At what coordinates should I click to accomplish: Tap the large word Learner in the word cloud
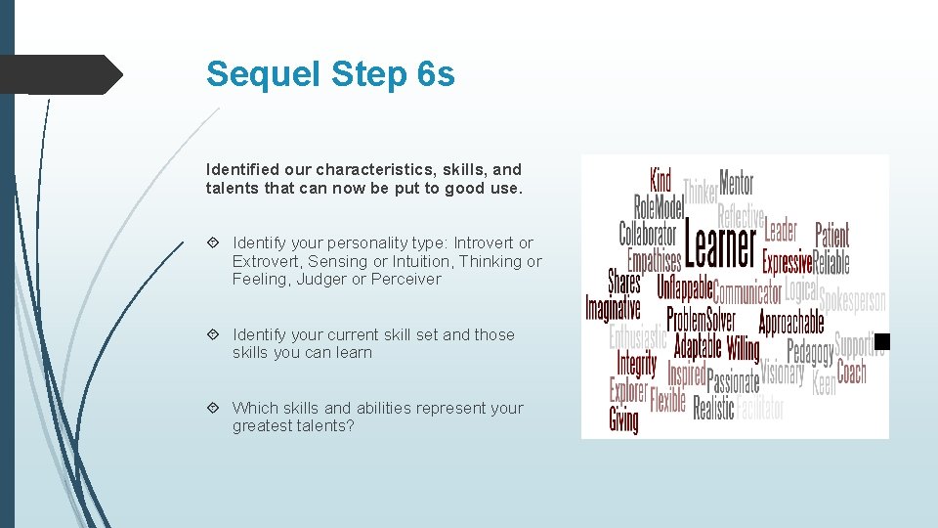[721, 245]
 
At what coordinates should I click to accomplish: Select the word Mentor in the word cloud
[737, 182]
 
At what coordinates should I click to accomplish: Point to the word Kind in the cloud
[661, 180]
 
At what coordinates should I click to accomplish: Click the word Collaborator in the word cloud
[647, 235]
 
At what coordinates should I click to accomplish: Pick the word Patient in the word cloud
[832, 235]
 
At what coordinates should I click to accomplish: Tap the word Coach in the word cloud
[852, 373]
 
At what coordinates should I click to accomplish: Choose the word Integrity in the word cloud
[637, 364]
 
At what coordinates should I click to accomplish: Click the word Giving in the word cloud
[623, 420]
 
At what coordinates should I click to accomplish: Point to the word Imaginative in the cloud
[613, 309]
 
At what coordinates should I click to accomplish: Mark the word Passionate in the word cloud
[733, 380]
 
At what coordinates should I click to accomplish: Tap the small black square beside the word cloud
[882, 341]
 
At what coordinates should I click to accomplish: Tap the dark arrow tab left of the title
[59, 74]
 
